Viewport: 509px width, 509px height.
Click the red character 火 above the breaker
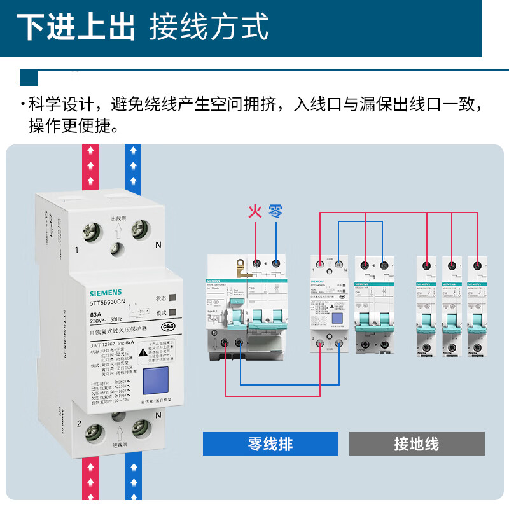point(255,211)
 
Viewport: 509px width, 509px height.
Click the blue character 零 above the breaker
point(275,211)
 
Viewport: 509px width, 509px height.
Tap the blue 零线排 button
point(270,443)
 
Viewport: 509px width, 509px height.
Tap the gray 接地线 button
point(417,443)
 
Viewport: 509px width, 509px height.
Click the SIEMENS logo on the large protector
point(109,293)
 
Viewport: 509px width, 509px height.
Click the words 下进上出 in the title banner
point(76,27)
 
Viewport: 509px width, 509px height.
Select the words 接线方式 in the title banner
point(209,27)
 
